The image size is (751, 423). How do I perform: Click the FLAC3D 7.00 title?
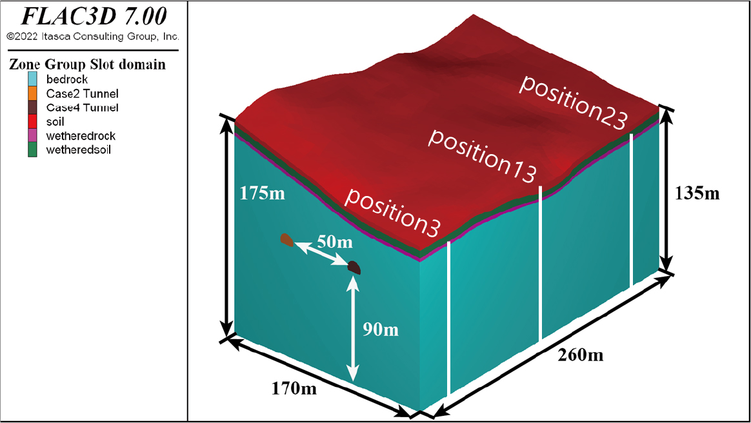click(94, 16)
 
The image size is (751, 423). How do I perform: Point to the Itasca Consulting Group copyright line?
click(93, 36)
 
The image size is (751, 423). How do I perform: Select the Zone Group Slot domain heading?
click(87, 64)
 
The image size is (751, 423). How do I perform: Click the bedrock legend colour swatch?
click(32, 79)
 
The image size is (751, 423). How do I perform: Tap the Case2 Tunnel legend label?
click(82, 93)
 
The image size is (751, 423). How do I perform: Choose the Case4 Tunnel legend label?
click(82, 107)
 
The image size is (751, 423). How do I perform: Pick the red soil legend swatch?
click(32, 121)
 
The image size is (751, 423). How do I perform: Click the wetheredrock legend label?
click(81, 135)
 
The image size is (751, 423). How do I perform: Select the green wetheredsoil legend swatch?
click(32, 150)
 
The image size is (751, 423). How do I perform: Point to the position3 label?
click(392, 212)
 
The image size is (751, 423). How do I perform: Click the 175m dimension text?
click(262, 193)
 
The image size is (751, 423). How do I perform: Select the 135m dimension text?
click(697, 193)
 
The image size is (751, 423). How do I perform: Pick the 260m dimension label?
click(581, 355)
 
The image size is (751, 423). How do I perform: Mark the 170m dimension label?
click(294, 388)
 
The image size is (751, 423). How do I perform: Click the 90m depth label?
click(380, 330)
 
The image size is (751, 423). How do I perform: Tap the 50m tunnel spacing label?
click(335, 242)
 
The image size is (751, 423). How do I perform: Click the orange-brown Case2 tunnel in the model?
click(287, 240)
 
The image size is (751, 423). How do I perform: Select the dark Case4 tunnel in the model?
click(354, 268)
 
